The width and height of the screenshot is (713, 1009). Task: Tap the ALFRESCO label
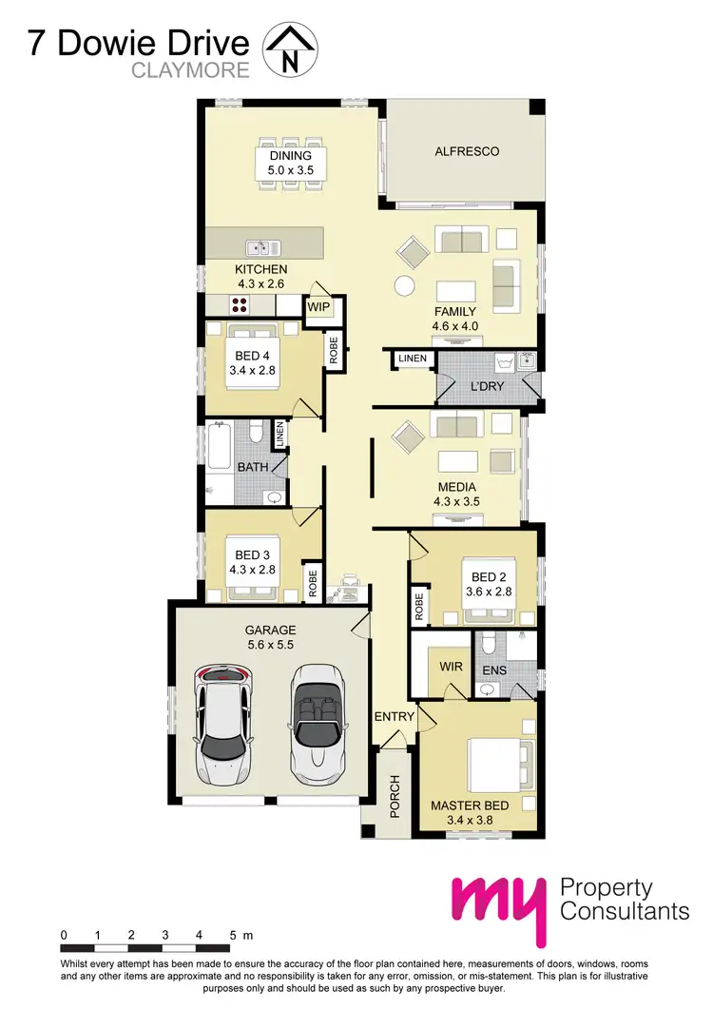tap(466, 151)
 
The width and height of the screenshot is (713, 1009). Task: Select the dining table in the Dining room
tap(291, 163)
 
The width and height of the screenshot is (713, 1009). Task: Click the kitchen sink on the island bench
tap(259, 248)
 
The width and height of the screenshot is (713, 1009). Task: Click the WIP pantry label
tap(318, 307)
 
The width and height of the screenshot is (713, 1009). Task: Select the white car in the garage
tap(223, 723)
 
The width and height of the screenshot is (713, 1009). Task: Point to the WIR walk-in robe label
tap(451, 667)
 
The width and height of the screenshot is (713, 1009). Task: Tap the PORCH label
tap(395, 795)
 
